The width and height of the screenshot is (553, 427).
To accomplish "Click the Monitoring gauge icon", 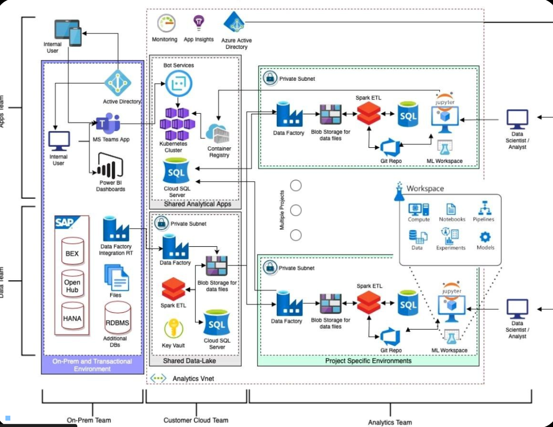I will (x=166, y=24).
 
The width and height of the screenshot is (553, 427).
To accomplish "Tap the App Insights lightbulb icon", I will (x=198, y=22).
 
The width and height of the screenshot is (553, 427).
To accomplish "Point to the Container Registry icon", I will (x=219, y=133).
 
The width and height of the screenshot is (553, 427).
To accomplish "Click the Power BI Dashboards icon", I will (x=110, y=167).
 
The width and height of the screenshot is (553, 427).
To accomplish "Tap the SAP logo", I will (x=65, y=223).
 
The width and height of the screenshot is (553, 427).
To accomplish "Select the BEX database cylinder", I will (x=72, y=251).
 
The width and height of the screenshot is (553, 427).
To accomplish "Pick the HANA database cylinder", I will (x=72, y=317).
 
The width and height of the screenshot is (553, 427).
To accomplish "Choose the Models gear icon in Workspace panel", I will (x=485, y=237).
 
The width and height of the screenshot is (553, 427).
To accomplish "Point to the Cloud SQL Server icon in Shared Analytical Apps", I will (x=176, y=172).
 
